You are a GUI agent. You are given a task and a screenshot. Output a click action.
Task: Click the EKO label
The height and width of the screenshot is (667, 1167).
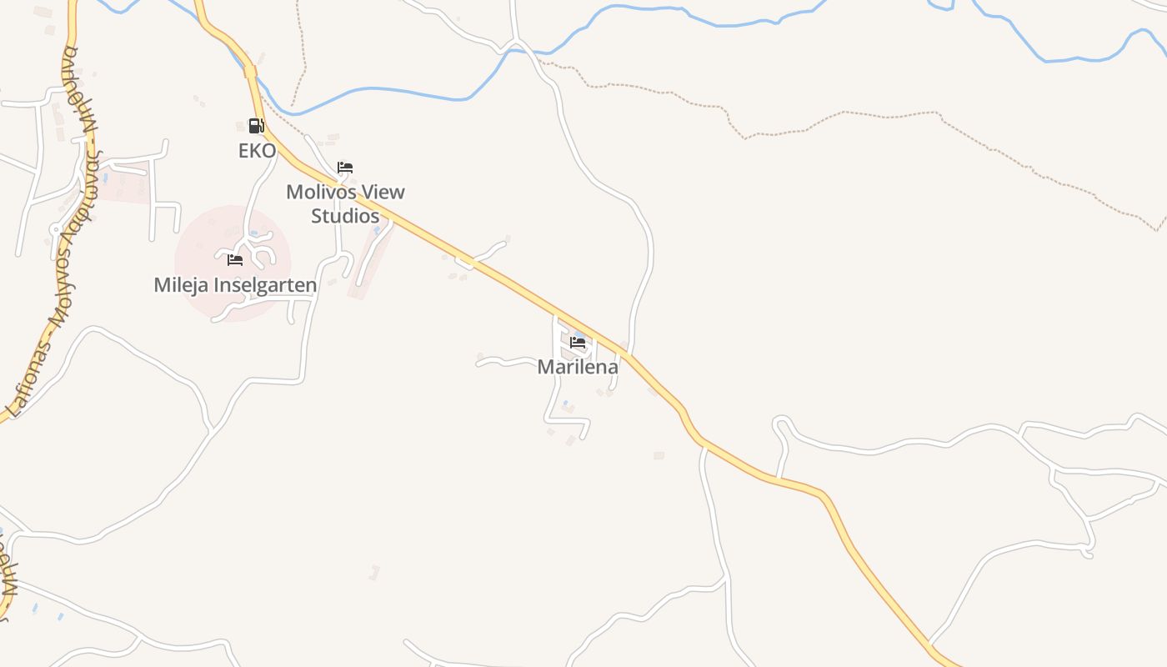(257, 151)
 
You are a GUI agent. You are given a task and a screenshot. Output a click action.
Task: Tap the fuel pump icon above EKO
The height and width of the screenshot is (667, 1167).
(256, 126)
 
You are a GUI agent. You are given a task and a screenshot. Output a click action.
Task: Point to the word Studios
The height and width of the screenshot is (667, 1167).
(345, 215)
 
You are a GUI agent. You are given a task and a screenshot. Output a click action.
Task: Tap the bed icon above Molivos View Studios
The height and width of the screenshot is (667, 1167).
(345, 168)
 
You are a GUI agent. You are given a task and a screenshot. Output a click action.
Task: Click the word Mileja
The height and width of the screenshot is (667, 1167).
(181, 285)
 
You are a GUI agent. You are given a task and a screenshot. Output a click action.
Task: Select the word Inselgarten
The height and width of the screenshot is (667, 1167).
(266, 285)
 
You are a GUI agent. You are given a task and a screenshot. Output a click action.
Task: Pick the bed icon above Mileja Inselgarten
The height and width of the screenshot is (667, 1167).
(235, 260)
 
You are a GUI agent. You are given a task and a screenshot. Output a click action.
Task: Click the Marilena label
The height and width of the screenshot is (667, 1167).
(578, 367)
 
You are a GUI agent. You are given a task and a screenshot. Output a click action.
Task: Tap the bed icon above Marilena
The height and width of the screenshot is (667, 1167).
(578, 342)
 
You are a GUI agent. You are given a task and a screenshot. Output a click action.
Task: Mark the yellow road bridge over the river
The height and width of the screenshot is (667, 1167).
(250, 72)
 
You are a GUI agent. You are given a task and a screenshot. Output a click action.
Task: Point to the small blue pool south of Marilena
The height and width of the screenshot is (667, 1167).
(566, 404)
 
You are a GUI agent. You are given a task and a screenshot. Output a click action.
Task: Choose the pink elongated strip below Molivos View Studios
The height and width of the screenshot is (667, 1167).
(368, 263)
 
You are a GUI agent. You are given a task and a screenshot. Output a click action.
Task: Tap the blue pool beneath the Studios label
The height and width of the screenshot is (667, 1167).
(377, 229)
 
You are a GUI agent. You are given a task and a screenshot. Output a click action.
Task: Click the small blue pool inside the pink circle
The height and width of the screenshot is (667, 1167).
(253, 233)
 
